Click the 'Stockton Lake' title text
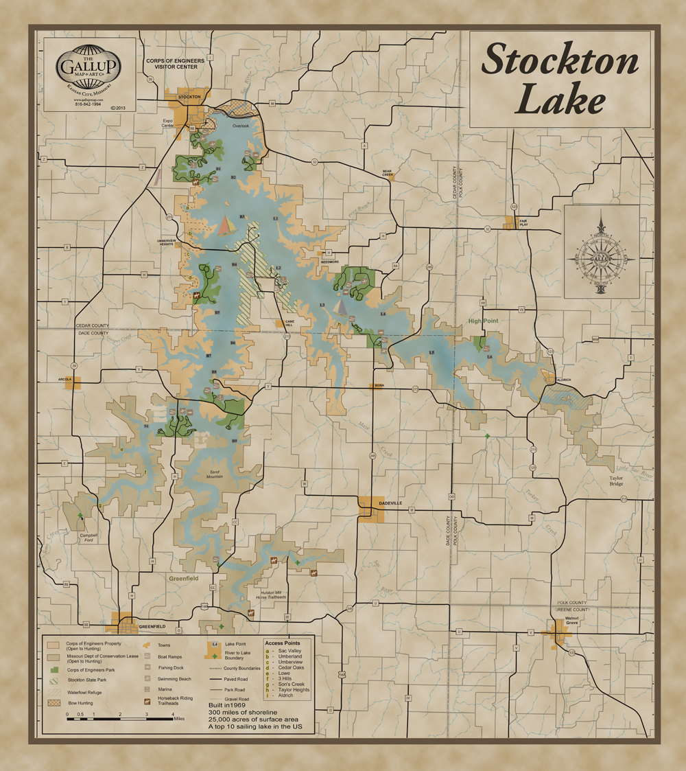(559, 80)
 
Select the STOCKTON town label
(189, 97)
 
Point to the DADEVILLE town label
(390, 504)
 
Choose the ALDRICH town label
(564, 380)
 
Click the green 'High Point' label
(484, 321)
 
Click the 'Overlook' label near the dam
(240, 126)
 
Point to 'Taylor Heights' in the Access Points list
(293, 689)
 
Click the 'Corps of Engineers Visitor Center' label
(175, 64)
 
